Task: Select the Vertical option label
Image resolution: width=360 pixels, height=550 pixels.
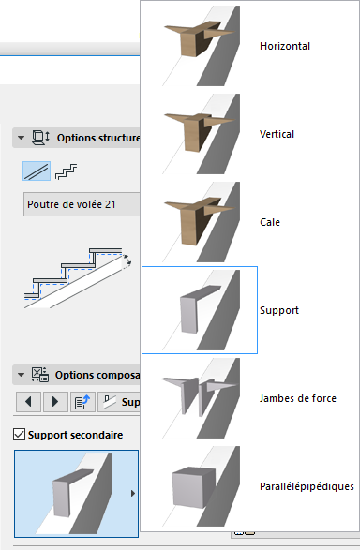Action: (277, 134)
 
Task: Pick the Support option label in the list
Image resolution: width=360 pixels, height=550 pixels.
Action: (278, 310)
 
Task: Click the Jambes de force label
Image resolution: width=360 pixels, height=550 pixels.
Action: (297, 398)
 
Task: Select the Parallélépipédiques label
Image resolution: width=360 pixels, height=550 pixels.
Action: (306, 486)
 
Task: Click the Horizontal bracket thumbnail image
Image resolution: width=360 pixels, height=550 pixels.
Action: (199, 46)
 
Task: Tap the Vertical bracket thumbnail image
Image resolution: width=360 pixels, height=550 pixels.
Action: (199, 134)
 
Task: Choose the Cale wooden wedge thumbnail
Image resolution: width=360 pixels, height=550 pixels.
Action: (199, 222)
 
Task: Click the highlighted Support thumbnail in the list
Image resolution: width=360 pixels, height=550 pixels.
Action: (199, 310)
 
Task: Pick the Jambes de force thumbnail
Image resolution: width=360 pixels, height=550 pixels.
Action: (199, 398)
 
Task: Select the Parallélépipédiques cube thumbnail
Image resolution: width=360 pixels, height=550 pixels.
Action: (199, 486)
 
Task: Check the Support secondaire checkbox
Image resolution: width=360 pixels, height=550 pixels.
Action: (20, 436)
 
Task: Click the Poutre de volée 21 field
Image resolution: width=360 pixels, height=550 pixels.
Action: (80, 204)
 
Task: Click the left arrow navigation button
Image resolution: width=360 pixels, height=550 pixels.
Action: (28, 403)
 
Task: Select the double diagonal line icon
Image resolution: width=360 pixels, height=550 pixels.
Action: (37, 172)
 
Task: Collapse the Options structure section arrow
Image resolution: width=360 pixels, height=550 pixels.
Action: (19, 139)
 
